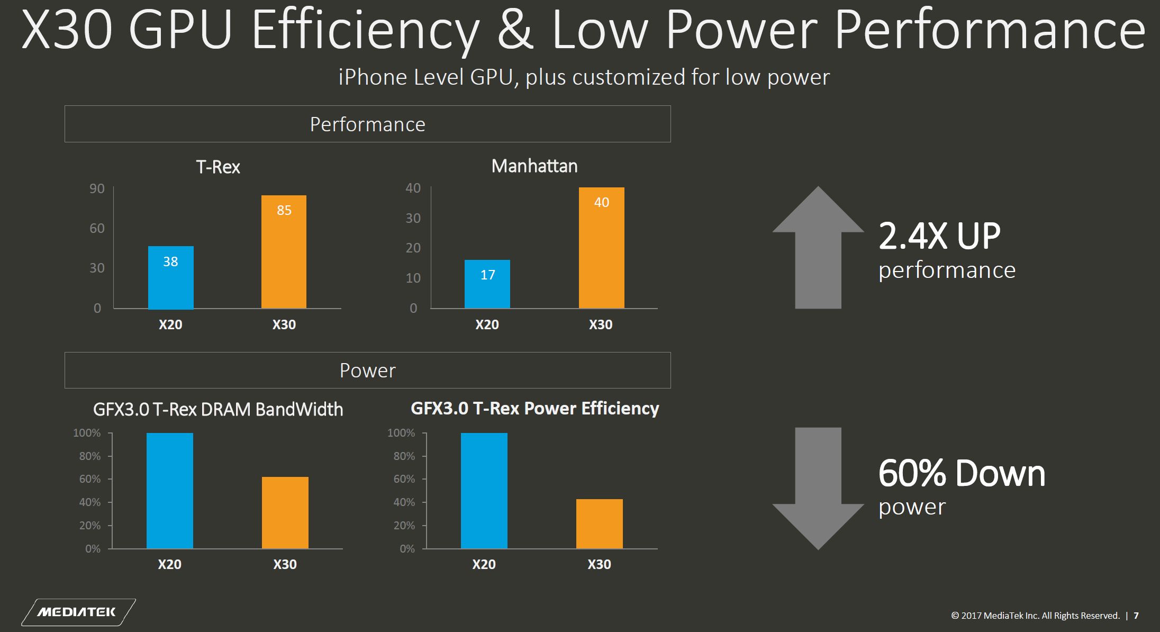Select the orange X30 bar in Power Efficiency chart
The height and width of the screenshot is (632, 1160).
click(x=599, y=523)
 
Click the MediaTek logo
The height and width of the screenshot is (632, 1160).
click(x=77, y=612)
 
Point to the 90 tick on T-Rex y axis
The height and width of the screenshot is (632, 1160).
click(x=97, y=189)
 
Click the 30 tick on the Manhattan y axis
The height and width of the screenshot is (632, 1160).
click(x=413, y=218)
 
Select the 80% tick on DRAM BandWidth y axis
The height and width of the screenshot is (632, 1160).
click(x=89, y=456)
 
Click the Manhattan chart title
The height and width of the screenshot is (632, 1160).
click(x=534, y=166)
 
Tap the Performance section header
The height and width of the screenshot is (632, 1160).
click(x=367, y=124)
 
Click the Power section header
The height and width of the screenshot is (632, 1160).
click(x=367, y=371)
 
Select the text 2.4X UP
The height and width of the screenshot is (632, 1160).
click(x=939, y=236)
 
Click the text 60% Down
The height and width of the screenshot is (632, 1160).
click(x=962, y=473)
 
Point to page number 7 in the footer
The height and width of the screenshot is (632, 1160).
click(x=1136, y=616)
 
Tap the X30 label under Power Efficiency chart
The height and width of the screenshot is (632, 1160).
click(x=599, y=564)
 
